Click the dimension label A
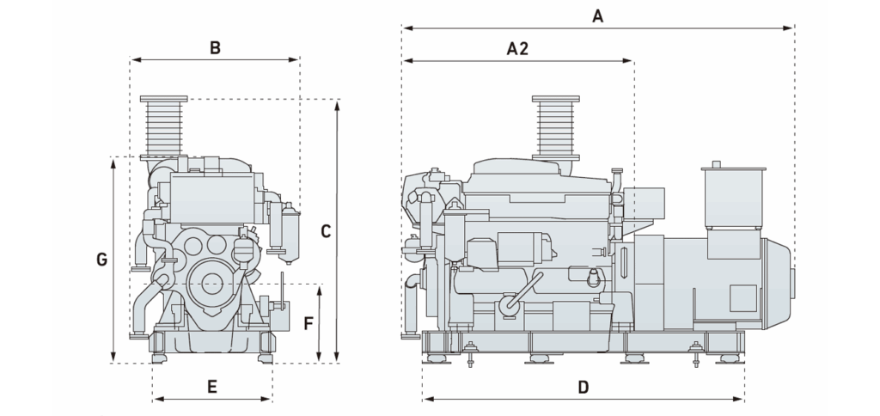tap(598, 15)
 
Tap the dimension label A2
tap(516, 48)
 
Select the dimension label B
tap(215, 47)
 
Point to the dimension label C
tap(326, 230)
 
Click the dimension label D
tap(583, 387)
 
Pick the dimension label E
tap(211, 387)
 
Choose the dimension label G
tap(101, 259)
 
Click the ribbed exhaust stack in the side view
tap(553, 127)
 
